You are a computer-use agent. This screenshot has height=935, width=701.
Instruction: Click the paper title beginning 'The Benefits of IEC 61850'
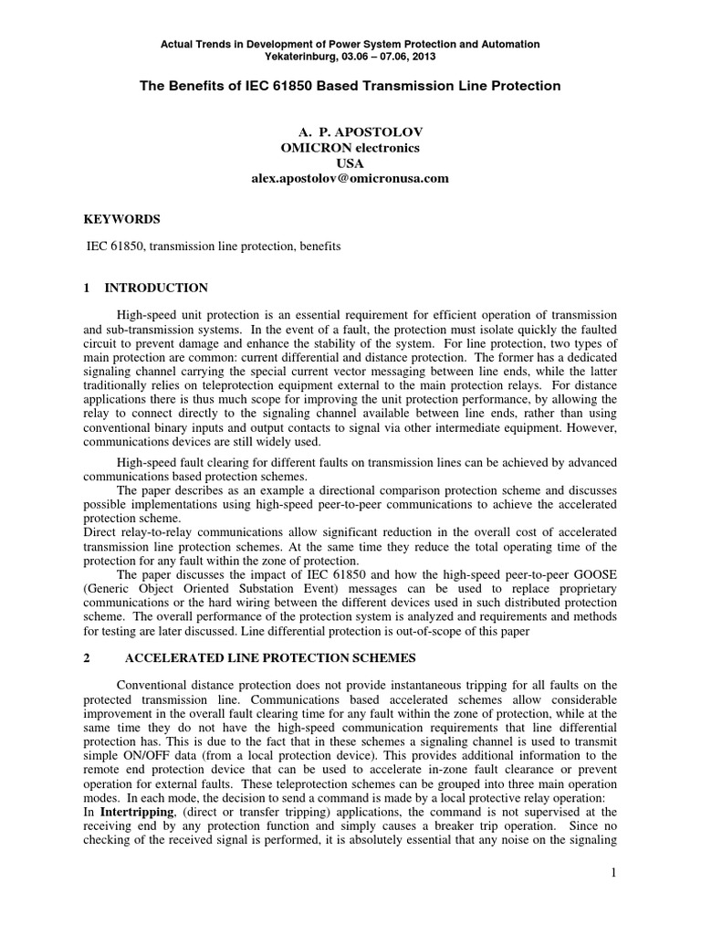coord(350,85)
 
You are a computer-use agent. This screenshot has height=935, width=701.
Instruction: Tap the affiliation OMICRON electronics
coord(350,149)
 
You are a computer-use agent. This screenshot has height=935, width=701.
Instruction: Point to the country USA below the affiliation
coord(350,163)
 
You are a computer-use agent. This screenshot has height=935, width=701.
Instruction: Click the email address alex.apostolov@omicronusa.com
coord(350,178)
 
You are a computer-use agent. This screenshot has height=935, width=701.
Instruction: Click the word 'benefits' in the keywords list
coord(319,247)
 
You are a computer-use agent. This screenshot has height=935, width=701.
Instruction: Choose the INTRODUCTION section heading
coord(156,288)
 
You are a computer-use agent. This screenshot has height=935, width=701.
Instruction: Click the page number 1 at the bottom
coord(615,874)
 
